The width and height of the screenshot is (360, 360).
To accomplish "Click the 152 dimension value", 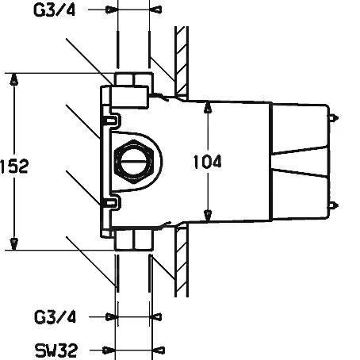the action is pyautogui.click(x=14, y=167).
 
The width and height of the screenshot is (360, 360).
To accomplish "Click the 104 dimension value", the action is pyautogui.click(x=208, y=162).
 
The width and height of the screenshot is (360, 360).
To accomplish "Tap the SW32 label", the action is pyautogui.click(x=56, y=350).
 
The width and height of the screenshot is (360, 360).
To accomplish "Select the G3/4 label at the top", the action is pyautogui.click(x=55, y=10).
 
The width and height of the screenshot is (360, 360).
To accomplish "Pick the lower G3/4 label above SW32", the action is pyautogui.click(x=55, y=316).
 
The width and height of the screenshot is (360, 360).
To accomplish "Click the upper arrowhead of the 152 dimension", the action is pyautogui.click(x=13, y=79).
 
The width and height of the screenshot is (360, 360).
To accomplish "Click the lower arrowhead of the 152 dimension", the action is pyautogui.click(x=13, y=243).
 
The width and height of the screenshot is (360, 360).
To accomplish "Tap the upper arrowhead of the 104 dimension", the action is pyautogui.click(x=209, y=107).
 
